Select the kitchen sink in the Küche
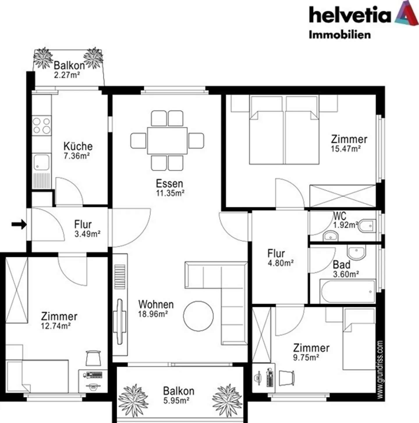42,162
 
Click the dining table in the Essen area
167,141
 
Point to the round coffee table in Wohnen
198,316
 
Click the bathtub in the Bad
347,291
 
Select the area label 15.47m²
346,149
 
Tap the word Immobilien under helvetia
340,35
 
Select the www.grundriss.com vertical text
380,370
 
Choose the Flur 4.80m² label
280,258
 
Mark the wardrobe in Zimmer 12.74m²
17,290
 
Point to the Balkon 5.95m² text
178,395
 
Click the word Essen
169,184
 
